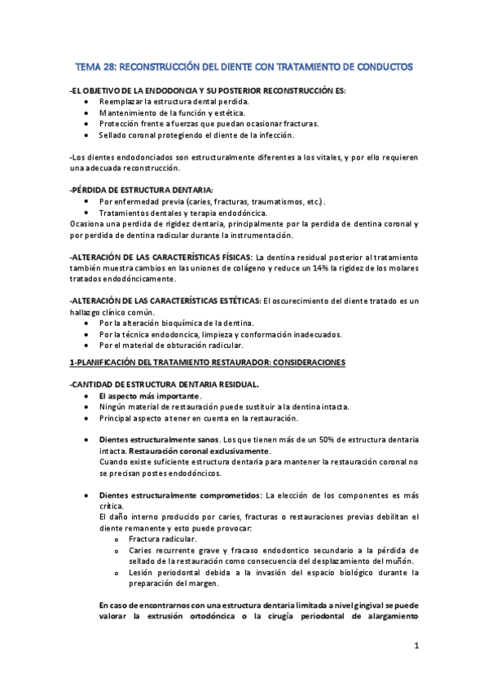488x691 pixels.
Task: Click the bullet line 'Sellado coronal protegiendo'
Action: point(196,135)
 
